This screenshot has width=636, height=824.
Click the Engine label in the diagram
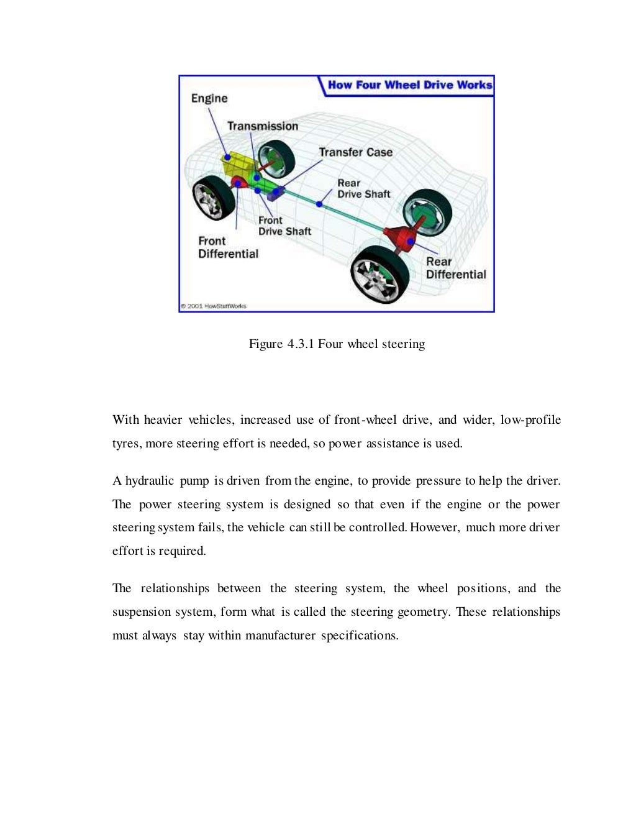[x=209, y=98]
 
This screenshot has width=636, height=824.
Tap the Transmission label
[x=262, y=126]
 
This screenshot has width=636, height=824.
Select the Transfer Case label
[x=355, y=152]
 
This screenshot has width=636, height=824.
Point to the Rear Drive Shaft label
[x=363, y=188]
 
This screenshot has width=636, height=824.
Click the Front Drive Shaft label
[x=284, y=226]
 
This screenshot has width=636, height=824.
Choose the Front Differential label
[x=228, y=247]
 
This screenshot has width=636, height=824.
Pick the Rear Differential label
[x=455, y=268]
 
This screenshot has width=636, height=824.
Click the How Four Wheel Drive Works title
[x=410, y=85]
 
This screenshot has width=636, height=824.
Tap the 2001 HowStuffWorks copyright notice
[x=214, y=306]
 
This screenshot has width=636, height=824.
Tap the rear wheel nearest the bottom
[x=379, y=274]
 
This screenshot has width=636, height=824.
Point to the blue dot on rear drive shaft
[x=319, y=203]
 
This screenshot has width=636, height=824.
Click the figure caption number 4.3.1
[x=301, y=344]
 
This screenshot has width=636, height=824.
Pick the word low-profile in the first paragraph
[x=530, y=420]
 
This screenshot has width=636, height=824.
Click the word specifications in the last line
[x=359, y=636]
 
